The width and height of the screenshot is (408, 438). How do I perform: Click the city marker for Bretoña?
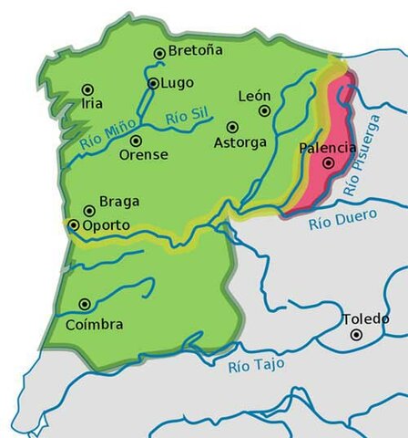[159, 54]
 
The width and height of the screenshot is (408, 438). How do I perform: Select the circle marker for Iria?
[87, 89]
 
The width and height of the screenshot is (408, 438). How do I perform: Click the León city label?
[254, 96]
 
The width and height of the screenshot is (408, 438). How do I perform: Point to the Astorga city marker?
[232, 127]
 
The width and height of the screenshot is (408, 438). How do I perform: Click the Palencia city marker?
[328, 163]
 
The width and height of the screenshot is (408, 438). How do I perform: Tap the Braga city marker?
[89, 211]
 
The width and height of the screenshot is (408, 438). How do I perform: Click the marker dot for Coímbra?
[85, 304]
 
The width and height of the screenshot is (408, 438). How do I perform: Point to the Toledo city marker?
[357, 335]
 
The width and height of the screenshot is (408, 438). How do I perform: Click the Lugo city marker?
[153, 83]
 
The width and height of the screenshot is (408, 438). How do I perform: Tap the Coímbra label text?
[94, 324]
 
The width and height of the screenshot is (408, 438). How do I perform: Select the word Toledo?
[365, 318]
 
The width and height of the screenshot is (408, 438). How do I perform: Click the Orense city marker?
[135, 141]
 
